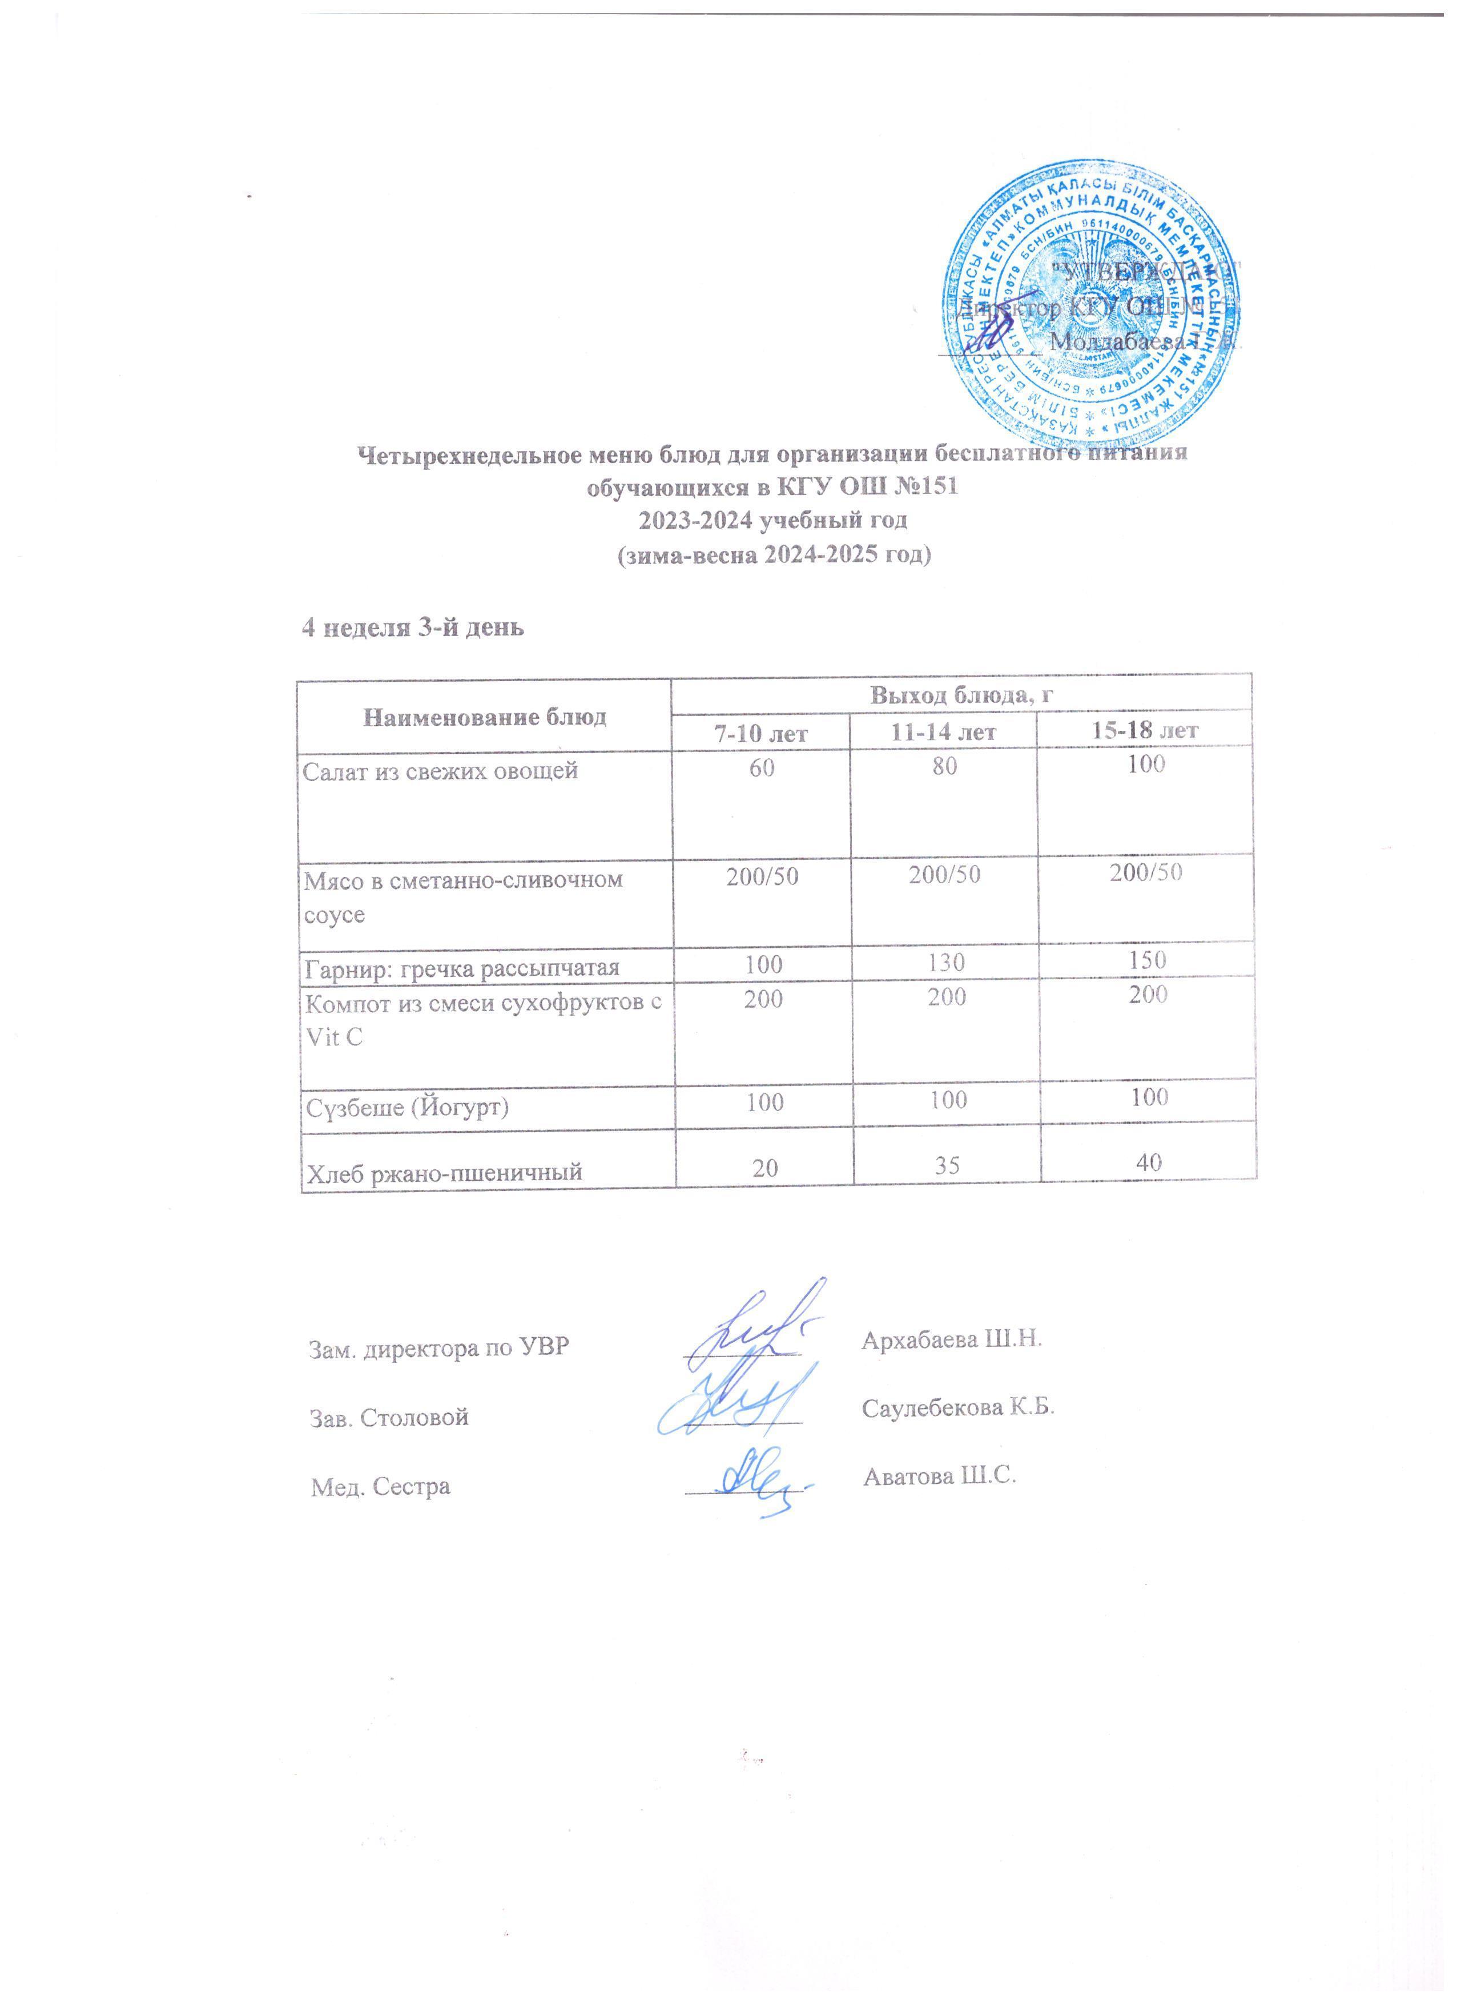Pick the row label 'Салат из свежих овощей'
(440, 771)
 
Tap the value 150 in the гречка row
(1147, 960)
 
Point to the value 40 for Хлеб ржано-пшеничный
(1147, 1165)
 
